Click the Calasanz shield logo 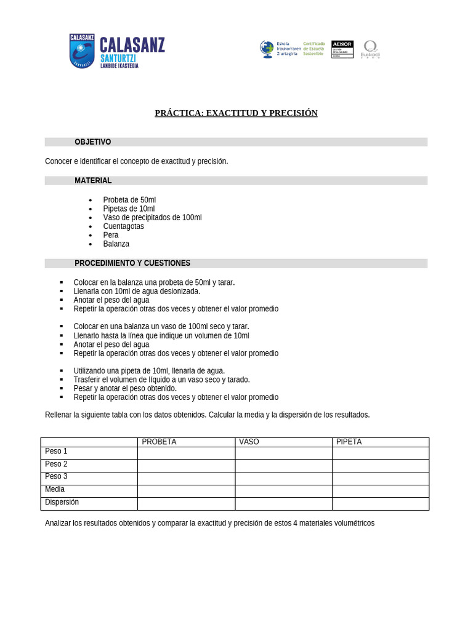pos(81,51)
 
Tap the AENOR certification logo pos(342,49)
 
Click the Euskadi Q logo pos(370,49)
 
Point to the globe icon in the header pos(267,49)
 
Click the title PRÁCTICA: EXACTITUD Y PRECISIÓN pos(236,113)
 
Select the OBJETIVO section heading pos(93,142)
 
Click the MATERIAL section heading pos(93,181)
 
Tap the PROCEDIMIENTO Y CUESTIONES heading pos(132,263)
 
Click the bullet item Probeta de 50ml pos(129,200)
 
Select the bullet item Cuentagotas pos(123,226)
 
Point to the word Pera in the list pos(111,235)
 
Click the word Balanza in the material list pos(116,244)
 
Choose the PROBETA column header pos(159,442)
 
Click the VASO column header pos(249,442)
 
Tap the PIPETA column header pos(349,442)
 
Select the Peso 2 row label pos(56,465)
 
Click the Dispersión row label pos(62,502)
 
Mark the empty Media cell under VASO pos(283,491)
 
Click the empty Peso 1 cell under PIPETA pos(380,453)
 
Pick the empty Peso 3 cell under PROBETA pos(186,478)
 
